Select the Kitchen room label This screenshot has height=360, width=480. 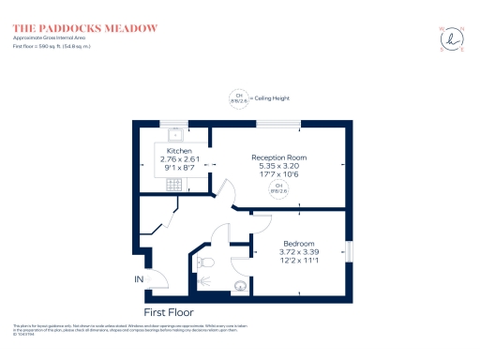[179, 151]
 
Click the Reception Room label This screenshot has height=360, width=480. [278, 157]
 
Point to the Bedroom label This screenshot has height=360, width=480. [297, 243]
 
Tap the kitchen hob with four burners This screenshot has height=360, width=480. [173, 185]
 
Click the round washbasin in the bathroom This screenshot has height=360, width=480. [239, 288]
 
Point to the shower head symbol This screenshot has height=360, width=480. [204, 279]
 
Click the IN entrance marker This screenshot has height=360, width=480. [139, 279]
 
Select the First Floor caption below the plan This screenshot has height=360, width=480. [169, 310]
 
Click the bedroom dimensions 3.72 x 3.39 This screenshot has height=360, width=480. [297, 252]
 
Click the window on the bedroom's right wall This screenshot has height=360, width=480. [351, 253]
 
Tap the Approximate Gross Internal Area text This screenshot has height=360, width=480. [52, 37]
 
